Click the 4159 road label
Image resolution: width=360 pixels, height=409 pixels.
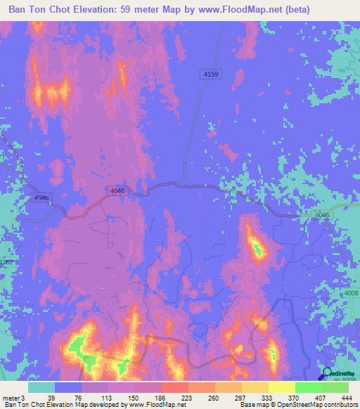point(210,74)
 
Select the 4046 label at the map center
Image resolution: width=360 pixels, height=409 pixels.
point(117,191)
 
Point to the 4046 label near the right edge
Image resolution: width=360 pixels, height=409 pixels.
point(322,215)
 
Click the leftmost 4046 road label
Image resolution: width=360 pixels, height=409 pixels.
point(41,199)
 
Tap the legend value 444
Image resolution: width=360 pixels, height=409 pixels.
point(345,398)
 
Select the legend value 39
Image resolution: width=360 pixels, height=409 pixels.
point(55,398)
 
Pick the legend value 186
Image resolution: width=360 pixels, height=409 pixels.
point(161,398)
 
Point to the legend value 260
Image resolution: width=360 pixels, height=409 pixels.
point(214,398)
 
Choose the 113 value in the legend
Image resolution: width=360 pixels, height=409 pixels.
point(108,398)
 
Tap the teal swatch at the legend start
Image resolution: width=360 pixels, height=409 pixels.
point(41,387)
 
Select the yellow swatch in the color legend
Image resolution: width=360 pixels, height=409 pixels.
point(281,387)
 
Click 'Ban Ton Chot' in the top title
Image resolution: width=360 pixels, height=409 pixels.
point(42,11)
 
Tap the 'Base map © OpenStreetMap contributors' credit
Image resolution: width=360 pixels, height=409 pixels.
point(297,405)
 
